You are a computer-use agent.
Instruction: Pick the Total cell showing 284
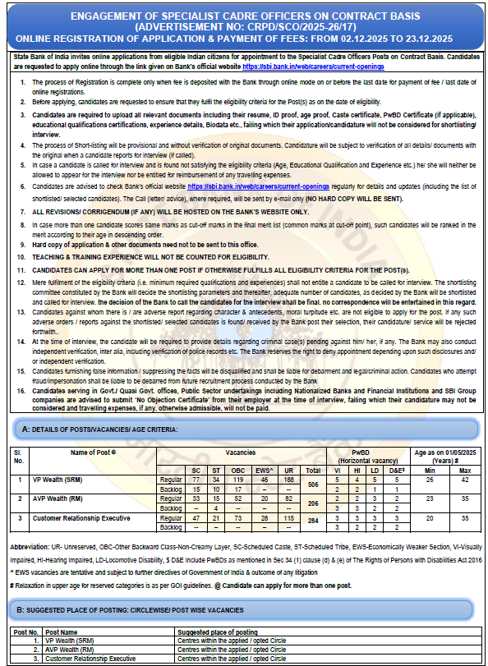312,524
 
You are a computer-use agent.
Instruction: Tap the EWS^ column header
264,468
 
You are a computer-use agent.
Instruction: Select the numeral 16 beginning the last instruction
22,391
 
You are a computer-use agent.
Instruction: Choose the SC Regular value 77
196,479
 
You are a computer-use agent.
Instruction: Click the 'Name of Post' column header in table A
93,452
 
